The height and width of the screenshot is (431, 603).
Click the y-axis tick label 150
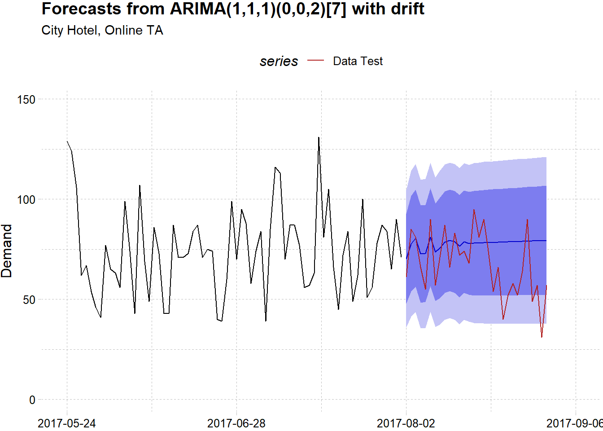click(x=26, y=100)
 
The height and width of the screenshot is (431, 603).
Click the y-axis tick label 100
click(x=26, y=200)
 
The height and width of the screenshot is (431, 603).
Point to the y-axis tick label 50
click(x=29, y=300)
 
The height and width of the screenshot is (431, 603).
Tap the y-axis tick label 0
click(x=32, y=400)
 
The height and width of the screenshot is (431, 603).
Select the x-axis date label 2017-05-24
click(x=67, y=423)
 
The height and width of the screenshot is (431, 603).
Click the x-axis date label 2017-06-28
click(x=236, y=423)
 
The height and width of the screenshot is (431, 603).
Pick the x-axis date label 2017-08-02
click(x=406, y=423)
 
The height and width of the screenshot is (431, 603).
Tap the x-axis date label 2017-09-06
click(x=574, y=423)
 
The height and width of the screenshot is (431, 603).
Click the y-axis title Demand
click(x=7, y=251)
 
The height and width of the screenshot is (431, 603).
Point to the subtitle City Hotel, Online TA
click(x=102, y=31)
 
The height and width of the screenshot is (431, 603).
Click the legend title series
click(x=279, y=62)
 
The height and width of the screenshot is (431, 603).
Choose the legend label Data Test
click(x=358, y=62)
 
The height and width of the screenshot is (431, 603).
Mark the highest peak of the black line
click(x=319, y=137)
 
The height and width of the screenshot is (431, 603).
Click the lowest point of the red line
click(x=542, y=337)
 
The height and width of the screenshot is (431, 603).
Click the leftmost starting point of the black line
click(x=67, y=141)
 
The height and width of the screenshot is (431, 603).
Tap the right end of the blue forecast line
click(x=546, y=241)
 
